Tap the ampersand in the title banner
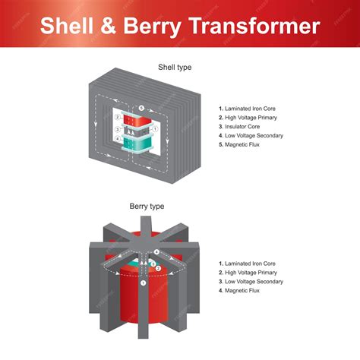pos(108,26)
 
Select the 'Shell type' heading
pos(174,68)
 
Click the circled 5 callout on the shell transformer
pos(141,108)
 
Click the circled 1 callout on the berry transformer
pos(143,282)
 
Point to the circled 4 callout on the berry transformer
pos(157,252)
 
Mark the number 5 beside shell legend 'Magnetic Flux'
pos(220,145)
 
